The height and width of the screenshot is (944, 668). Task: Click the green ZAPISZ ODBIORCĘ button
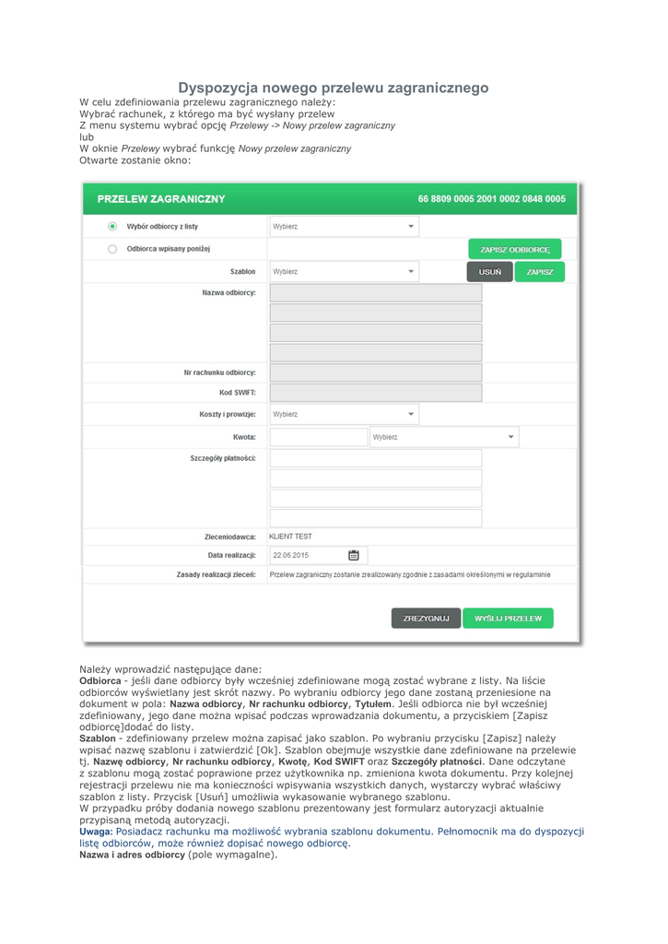click(x=514, y=250)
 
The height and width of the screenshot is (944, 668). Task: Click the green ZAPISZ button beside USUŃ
click(x=539, y=272)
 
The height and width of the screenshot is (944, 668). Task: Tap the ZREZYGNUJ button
click(x=426, y=619)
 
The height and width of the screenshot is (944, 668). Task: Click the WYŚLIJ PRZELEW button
click(x=508, y=619)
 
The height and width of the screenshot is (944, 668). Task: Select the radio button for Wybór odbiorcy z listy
click(x=112, y=226)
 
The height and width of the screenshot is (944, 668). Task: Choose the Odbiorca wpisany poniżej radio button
click(x=112, y=249)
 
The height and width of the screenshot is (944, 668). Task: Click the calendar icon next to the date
click(x=354, y=555)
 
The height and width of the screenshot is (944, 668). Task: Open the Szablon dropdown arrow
click(x=411, y=272)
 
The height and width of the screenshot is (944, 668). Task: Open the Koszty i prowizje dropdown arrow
click(x=411, y=415)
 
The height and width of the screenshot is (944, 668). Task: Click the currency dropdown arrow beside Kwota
click(x=511, y=437)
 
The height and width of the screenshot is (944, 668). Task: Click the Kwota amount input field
click(x=319, y=437)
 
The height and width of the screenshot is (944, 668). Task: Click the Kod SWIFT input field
click(x=375, y=393)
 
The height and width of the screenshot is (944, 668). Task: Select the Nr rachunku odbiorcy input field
click(x=375, y=372)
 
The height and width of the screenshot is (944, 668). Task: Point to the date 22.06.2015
click(x=291, y=555)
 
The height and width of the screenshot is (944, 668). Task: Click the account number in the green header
click(x=491, y=199)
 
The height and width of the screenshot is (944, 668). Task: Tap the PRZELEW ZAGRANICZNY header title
click(x=161, y=199)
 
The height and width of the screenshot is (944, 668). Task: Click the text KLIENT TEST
click(x=290, y=536)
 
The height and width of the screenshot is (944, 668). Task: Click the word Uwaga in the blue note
click(x=95, y=831)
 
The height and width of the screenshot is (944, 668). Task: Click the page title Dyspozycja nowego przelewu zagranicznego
click(x=333, y=88)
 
